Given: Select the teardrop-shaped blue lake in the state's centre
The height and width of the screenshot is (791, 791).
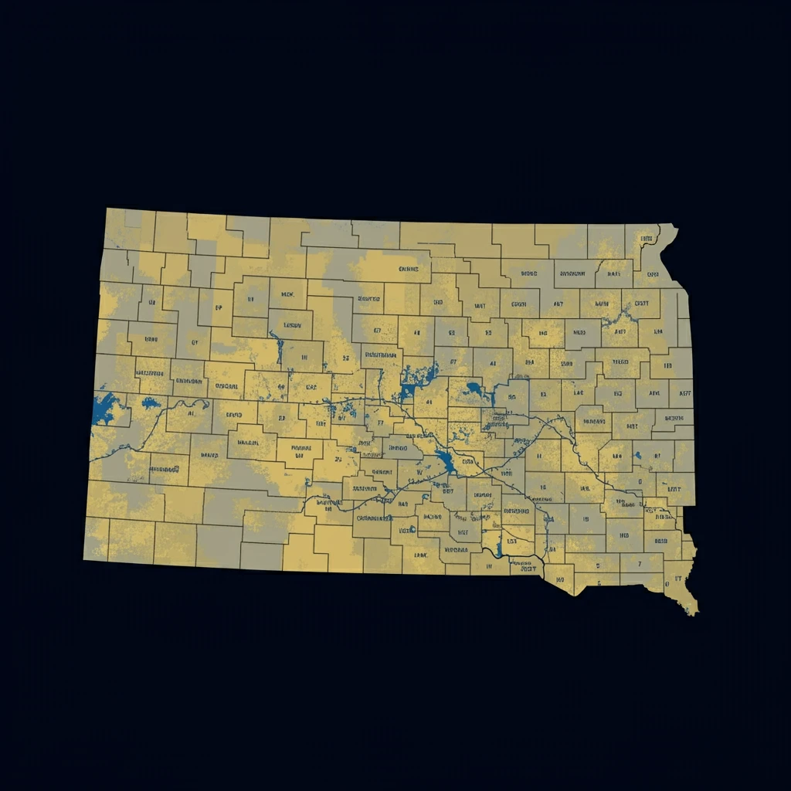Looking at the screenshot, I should [x=446, y=461].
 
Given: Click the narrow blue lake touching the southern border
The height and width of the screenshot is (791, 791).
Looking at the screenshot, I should [x=500, y=546].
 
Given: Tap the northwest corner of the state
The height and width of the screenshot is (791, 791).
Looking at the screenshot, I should [x=107, y=209].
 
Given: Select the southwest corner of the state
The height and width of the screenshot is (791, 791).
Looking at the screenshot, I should [x=85, y=558].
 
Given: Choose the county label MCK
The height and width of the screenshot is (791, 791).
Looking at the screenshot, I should [x=287, y=294].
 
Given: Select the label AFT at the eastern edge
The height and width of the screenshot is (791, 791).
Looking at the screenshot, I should [x=685, y=393].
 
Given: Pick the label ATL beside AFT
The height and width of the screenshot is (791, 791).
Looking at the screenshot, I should [x=656, y=393].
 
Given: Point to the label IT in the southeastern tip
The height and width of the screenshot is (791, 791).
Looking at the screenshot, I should [x=677, y=577].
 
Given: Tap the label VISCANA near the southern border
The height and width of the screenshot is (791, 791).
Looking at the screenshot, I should [x=455, y=550].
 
